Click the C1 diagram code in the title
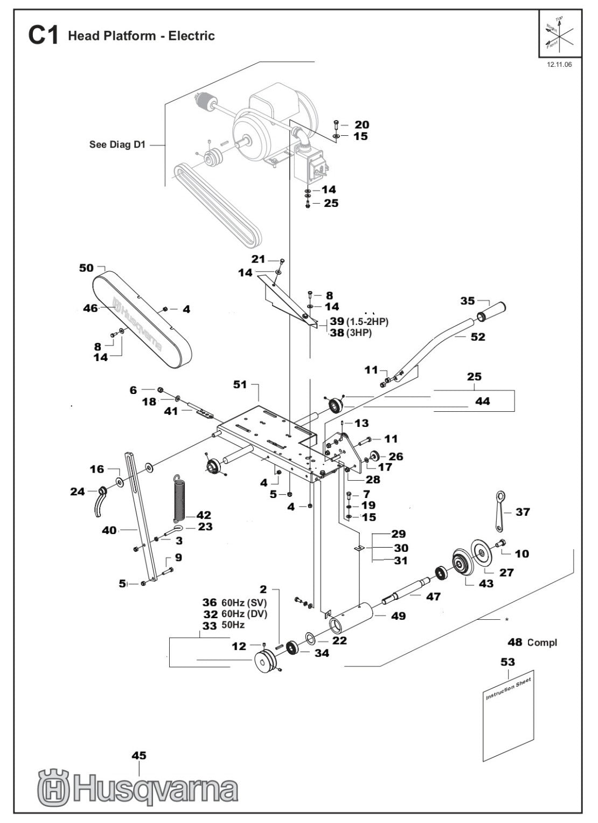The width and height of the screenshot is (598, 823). [43, 36]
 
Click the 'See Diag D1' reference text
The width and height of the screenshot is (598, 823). [117, 144]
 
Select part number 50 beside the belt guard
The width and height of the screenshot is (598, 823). [86, 268]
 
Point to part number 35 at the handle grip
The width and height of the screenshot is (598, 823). [468, 301]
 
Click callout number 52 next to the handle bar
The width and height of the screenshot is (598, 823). [477, 337]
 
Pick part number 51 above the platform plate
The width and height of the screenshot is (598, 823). [240, 384]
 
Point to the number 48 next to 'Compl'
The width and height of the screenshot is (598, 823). [515, 642]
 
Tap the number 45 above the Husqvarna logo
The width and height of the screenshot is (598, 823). [138, 756]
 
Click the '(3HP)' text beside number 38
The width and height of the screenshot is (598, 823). [360, 333]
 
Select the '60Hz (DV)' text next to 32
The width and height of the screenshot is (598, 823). [244, 613]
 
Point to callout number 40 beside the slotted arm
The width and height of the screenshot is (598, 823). [109, 530]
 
